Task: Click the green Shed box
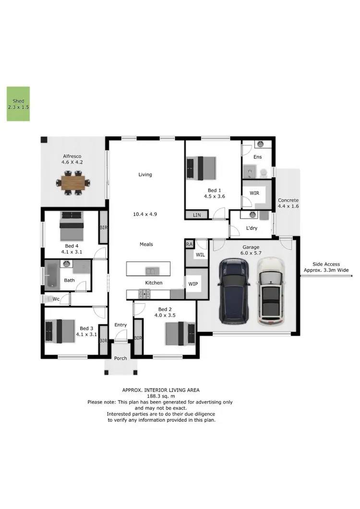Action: coord(18,104)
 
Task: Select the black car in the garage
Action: coord(233,291)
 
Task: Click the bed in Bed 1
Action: coord(201,168)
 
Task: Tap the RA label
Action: coord(190,245)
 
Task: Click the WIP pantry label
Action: coord(193,284)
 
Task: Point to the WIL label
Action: coord(200,255)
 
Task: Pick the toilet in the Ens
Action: coord(264,172)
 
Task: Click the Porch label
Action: coord(120,358)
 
